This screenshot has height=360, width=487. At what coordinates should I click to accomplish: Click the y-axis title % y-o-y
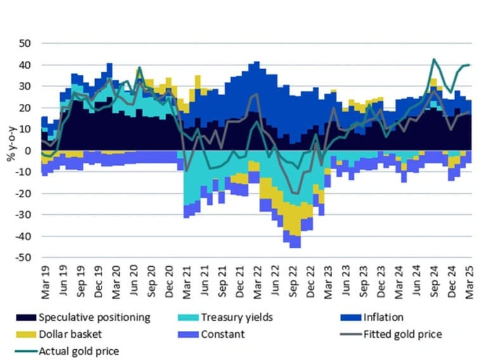click(11, 150)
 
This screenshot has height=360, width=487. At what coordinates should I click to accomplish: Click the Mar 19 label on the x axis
click(44, 281)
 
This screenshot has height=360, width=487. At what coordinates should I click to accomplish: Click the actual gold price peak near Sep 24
click(434, 60)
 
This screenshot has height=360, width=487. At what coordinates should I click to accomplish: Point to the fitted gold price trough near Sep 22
click(295, 193)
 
